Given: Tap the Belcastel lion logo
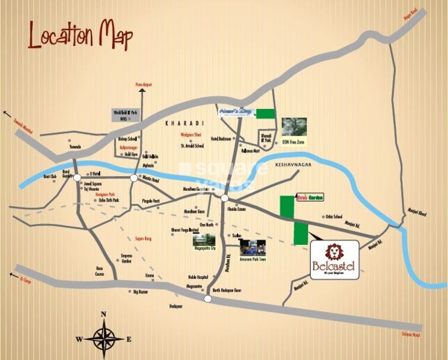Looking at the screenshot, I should tap(335, 252).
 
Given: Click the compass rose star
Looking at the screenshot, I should tap(104, 339).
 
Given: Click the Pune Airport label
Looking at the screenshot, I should tap(144, 85).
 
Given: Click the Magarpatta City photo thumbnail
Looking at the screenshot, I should tap(204, 240).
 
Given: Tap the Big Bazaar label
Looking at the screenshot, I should tap(141, 292).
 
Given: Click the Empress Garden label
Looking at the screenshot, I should tap(126, 258).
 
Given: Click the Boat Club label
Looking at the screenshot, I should tap(50, 176).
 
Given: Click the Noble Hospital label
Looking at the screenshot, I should tap(198, 277).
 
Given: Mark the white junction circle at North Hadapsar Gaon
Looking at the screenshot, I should tap(208, 298).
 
